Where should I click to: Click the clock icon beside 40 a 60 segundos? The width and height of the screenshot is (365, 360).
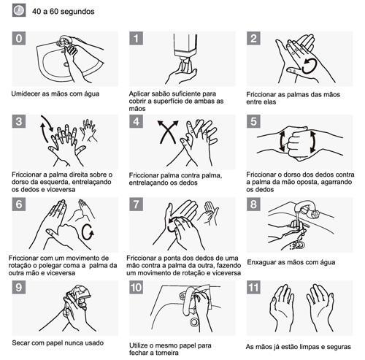(19, 11)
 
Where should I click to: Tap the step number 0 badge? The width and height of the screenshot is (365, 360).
(19, 38)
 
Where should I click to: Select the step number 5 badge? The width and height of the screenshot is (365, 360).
(253, 121)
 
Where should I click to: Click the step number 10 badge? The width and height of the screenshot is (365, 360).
(136, 288)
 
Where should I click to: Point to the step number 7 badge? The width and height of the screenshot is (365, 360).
(136, 204)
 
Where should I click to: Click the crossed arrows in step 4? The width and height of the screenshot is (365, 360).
(168, 131)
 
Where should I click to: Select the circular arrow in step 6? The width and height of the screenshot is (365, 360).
(88, 232)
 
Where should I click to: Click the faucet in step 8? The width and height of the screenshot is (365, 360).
(306, 209)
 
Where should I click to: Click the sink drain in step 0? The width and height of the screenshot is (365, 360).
(66, 64)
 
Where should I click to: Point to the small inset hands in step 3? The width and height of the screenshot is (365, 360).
(88, 130)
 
